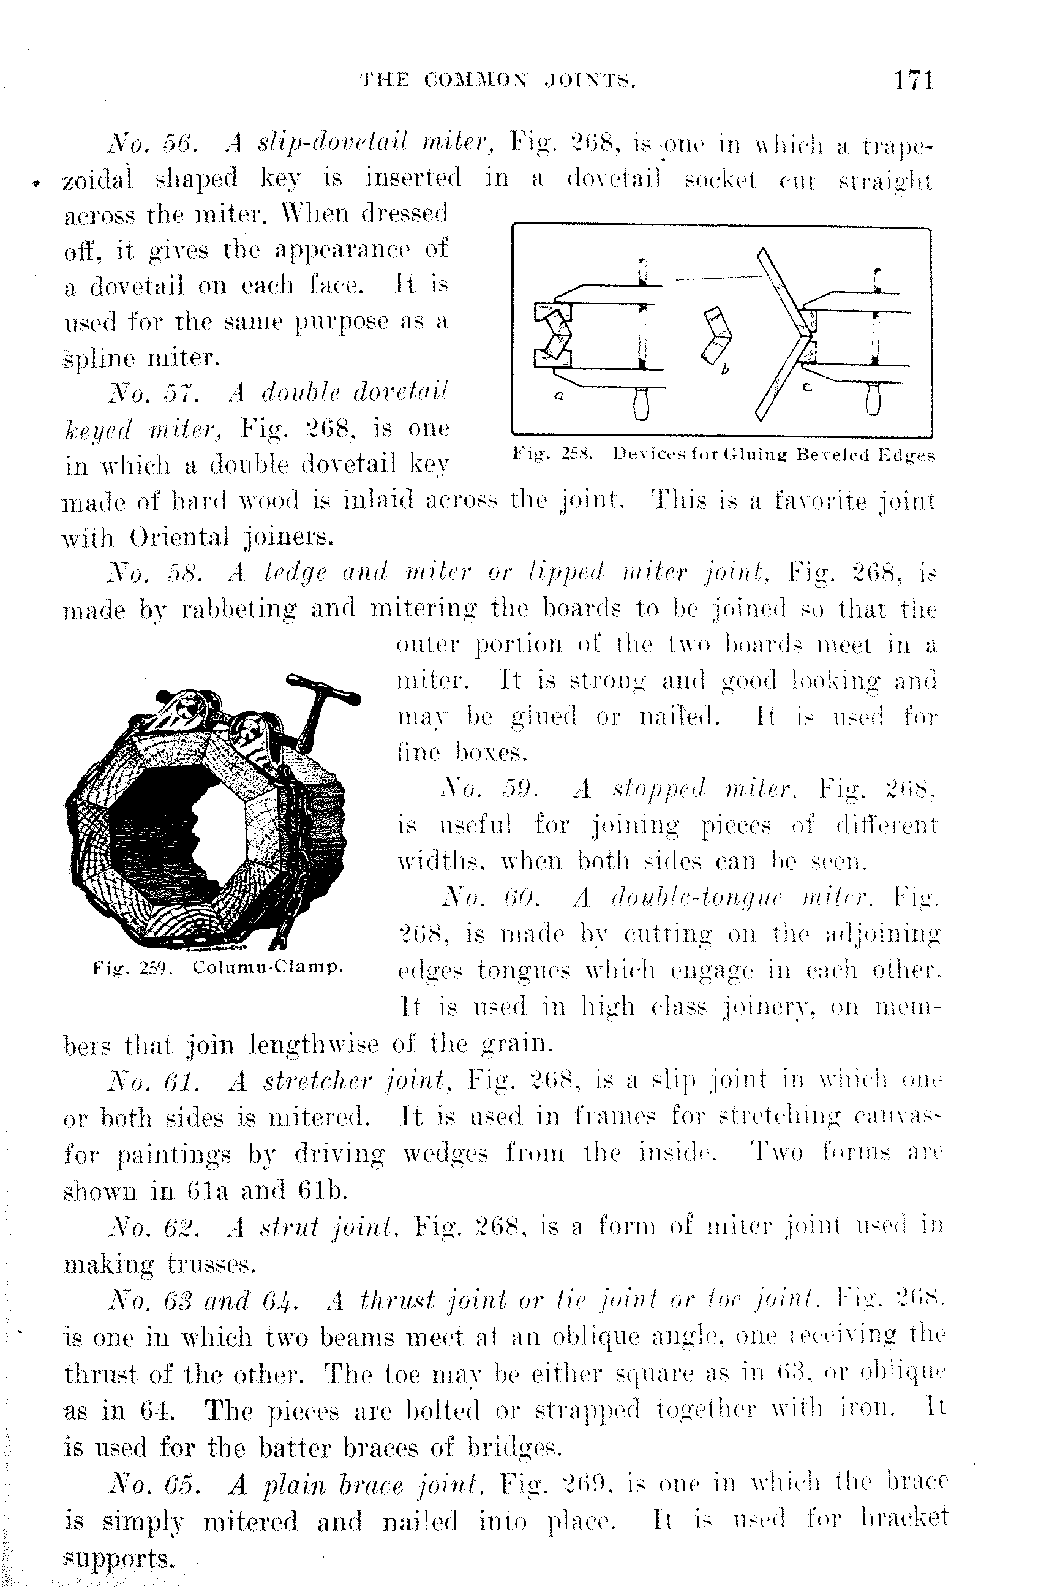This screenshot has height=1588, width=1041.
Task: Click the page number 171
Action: (x=914, y=81)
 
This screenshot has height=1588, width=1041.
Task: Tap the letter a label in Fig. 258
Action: (x=559, y=396)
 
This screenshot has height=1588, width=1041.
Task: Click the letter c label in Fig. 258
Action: (x=807, y=387)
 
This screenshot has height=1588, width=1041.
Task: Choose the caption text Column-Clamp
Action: (x=268, y=967)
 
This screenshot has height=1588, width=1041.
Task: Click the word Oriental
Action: (x=179, y=537)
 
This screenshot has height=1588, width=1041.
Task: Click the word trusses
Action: (x=210, y=1264)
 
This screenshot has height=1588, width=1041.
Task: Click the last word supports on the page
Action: (x=118, y=1557)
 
